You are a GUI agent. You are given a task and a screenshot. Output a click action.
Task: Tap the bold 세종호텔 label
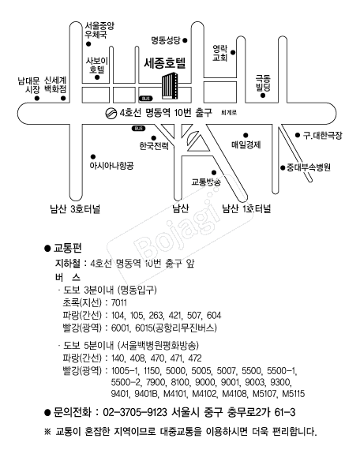coord(165,63)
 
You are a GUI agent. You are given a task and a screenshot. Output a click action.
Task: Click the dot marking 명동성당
coord(185,40)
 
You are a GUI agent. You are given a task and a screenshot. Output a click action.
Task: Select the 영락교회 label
coord(220,53)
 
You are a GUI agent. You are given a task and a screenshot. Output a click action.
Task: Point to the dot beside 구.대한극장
coord(298,135)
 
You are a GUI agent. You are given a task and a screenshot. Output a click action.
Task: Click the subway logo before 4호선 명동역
coord(111,113)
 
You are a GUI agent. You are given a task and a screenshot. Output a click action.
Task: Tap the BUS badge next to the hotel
coord(145,99)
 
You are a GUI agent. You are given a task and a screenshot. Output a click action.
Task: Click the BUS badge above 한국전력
coord(138,129)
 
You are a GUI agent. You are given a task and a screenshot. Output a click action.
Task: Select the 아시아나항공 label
coord(111,166)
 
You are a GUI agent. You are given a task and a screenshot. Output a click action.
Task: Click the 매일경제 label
coord(246,144)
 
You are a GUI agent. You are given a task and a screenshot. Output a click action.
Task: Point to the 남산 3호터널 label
coord(75,209)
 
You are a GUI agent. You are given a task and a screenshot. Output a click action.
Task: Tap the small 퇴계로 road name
coord(229,113)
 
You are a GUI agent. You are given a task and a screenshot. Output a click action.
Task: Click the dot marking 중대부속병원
coord(283,167)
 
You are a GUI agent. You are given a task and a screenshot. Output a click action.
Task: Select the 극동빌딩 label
coord(263,83)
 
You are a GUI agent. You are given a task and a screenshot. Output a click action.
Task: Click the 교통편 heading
coord(67,249)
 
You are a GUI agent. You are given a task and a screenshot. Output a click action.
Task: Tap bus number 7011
coord(119,303)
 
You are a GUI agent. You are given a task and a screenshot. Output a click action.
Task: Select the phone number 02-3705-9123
coord(135,412)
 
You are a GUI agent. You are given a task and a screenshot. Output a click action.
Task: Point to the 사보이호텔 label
coord(97,65)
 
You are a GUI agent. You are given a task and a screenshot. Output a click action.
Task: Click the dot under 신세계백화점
coord(63,98)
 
